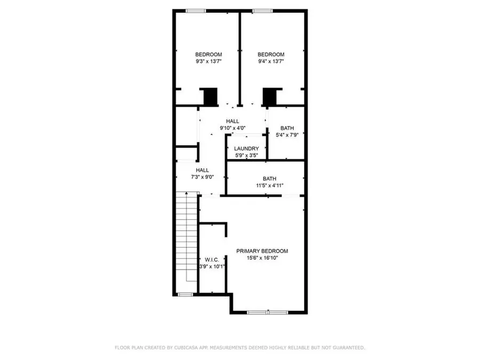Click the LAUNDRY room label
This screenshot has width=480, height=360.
coord(247,148)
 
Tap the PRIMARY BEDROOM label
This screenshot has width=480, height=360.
coord(262,251)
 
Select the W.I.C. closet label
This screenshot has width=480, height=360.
coord(212,259)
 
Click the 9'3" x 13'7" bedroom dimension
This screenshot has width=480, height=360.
coord(208,61)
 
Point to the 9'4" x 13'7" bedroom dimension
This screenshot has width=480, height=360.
coord(271,61)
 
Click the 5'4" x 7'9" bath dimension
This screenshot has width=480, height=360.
coord(287,135)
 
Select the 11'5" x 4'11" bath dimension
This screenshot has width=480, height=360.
coord(269,186)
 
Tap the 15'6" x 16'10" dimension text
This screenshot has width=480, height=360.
coord(262,258)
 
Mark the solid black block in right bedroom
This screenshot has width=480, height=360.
coord(270,97)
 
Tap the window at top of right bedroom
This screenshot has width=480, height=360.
coord(261,10)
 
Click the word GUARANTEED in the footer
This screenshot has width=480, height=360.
coord(345,347)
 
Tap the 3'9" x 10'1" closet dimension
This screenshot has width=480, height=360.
coord(212,266)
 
